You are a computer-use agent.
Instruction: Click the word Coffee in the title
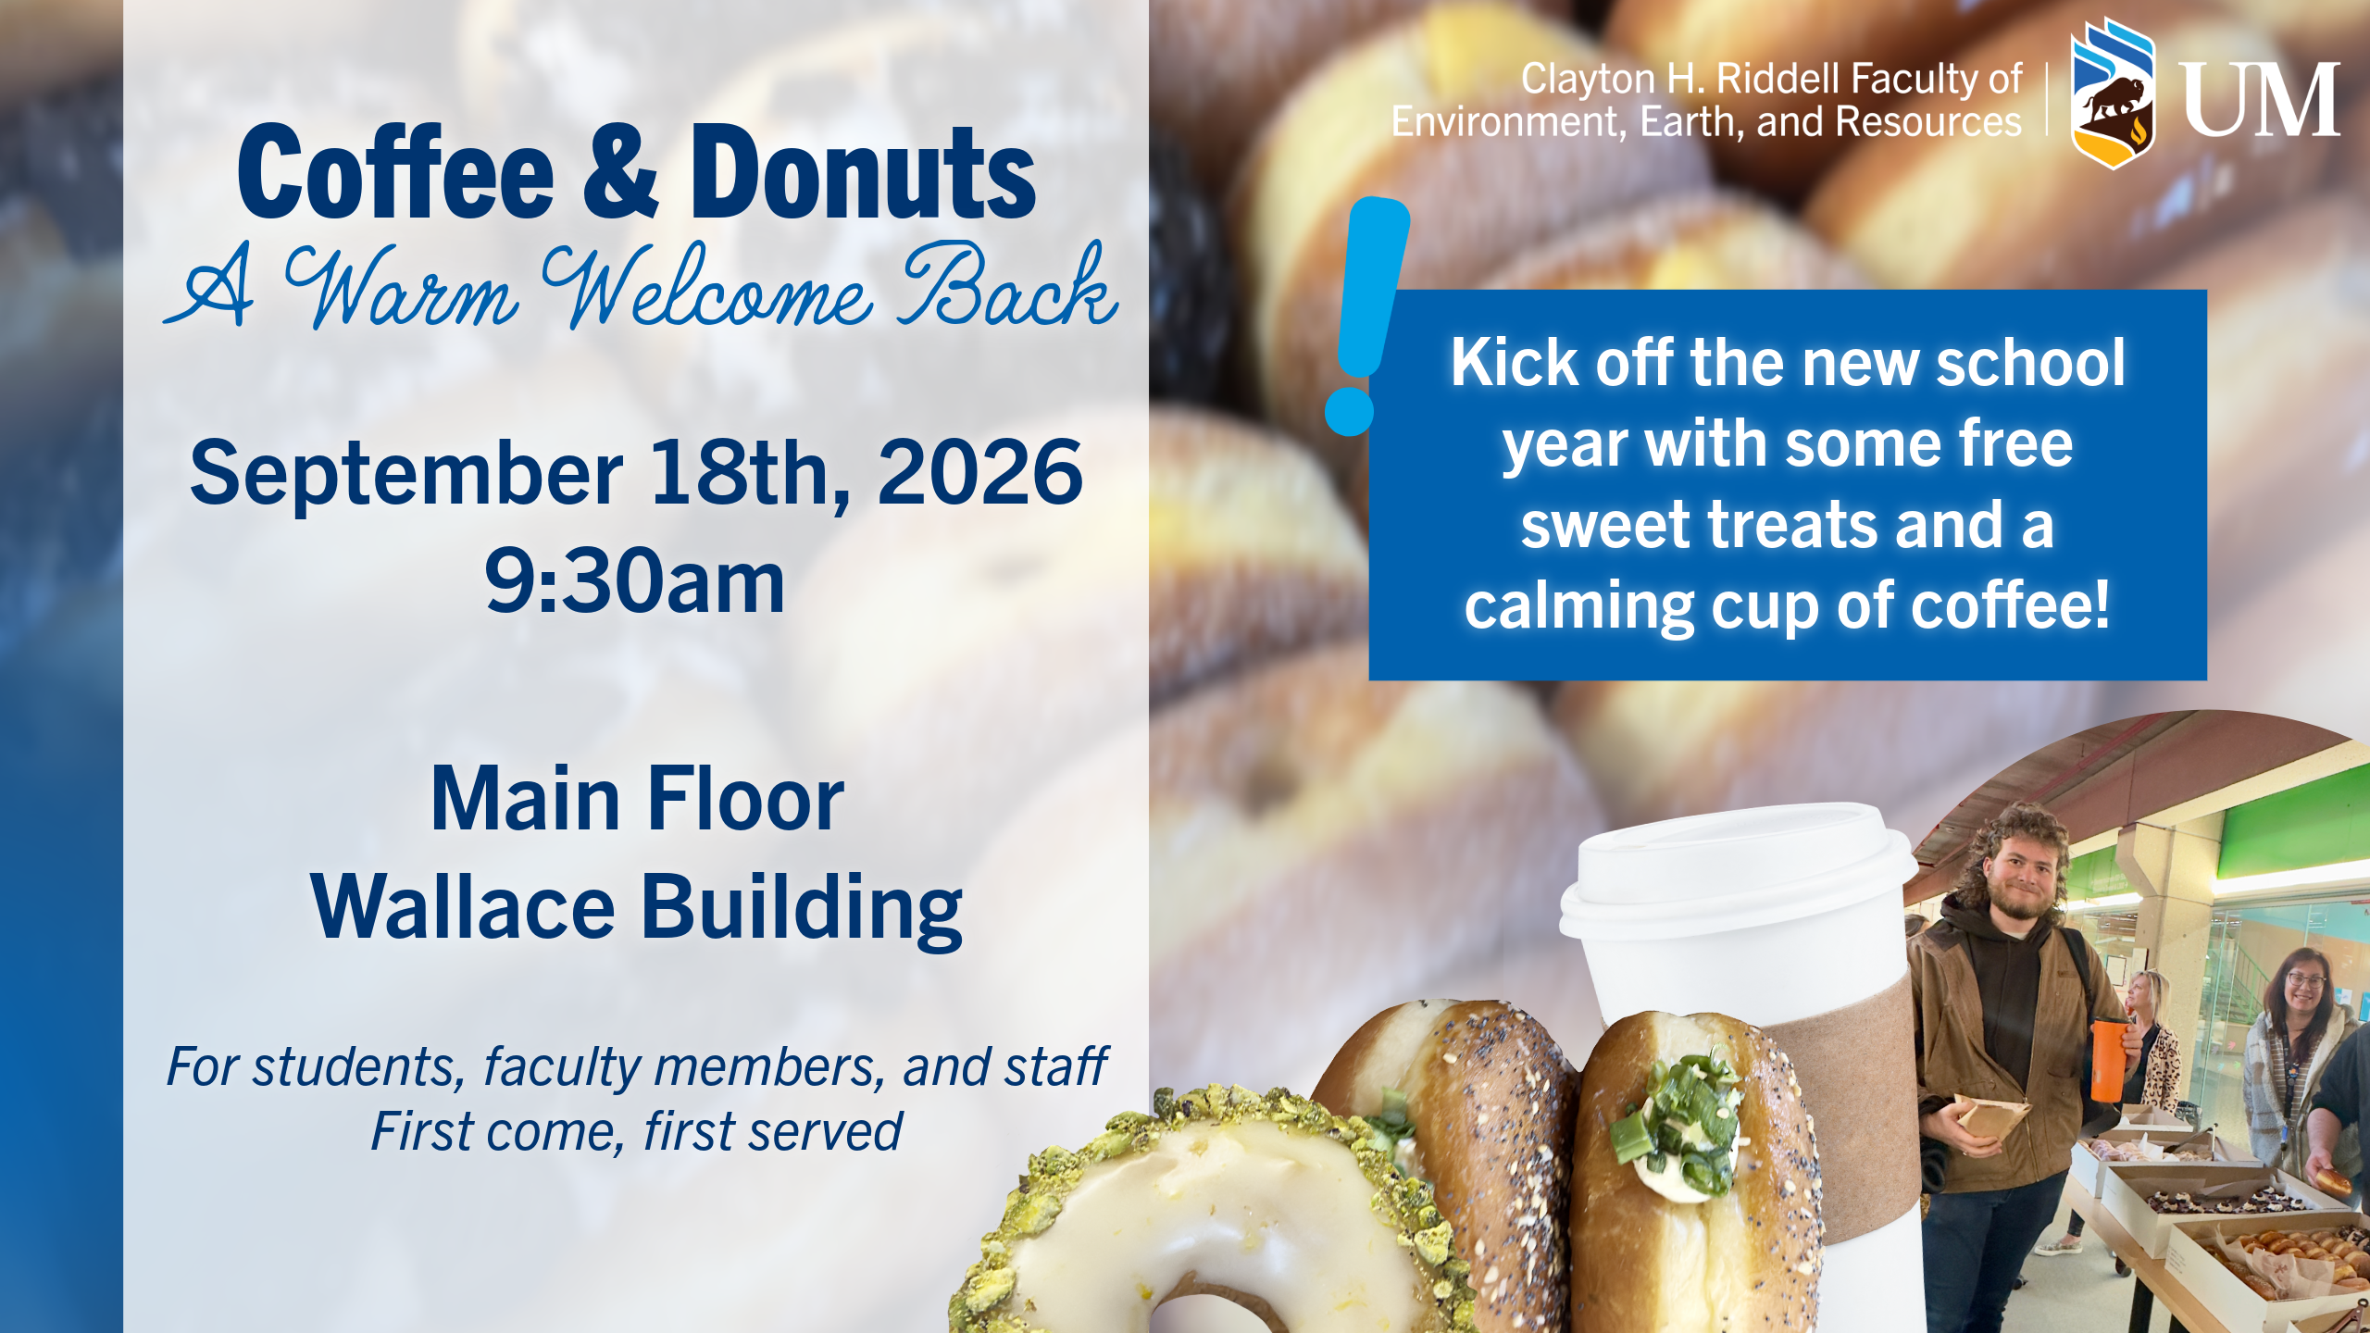396,173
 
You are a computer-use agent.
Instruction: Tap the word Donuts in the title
863,173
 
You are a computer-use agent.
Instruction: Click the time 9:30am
635,580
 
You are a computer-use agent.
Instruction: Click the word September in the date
406,474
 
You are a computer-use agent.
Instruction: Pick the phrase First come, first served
636,1131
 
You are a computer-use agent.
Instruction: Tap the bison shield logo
2113,93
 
